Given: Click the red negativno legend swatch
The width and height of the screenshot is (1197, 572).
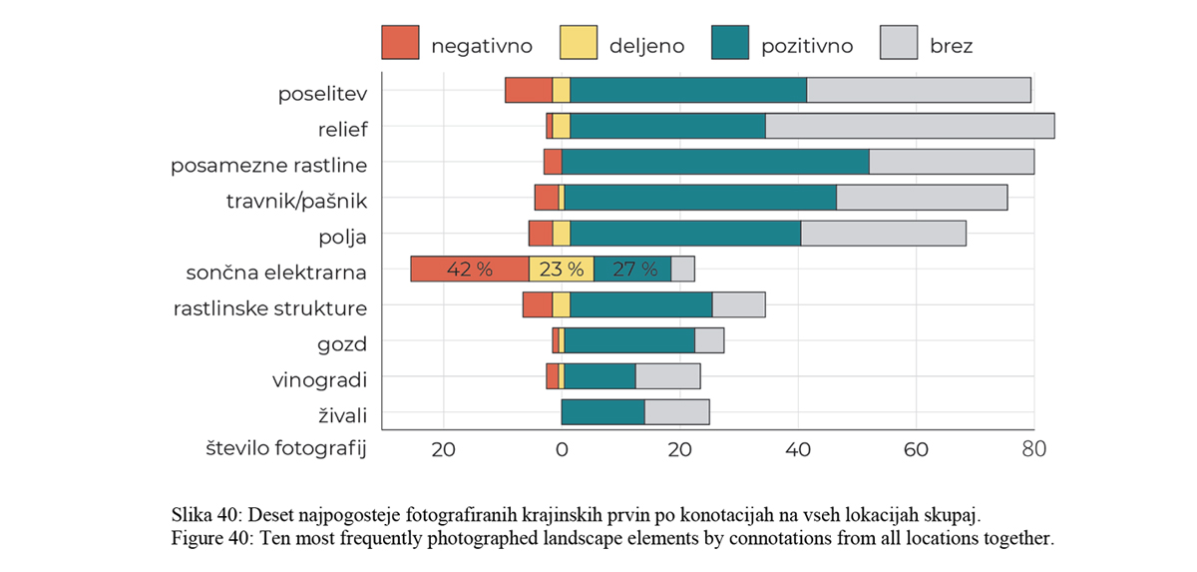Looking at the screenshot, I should tap(400, 44).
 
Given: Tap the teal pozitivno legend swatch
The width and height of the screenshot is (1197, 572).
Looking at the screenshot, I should tap(731, 44).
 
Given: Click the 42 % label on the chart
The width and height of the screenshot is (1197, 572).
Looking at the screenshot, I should tap(470, 270).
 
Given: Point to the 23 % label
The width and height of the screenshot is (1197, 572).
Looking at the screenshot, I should tap(562, 270).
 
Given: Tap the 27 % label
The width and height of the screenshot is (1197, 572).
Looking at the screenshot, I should tap(633, 270).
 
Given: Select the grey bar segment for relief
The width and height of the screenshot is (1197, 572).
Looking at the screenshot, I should tap(910, 126).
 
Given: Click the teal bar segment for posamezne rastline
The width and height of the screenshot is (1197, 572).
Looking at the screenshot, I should tap(715, 162).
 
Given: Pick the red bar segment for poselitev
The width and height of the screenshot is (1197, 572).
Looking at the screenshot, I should tap(529, 90).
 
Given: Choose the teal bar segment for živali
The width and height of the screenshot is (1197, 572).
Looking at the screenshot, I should tap(602, 412).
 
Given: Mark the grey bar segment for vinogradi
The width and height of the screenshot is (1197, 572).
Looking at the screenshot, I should tap(667, 376).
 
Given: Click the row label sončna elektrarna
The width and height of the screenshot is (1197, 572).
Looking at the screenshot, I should tap(276, 273).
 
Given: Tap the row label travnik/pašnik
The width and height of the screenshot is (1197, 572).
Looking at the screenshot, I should tap(296, 201).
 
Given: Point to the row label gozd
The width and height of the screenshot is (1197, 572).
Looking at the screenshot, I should tap(343, 344).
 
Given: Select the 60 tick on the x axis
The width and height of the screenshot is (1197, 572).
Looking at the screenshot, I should tap(916, 448).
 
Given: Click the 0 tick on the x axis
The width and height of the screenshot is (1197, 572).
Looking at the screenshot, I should tap(562, 448).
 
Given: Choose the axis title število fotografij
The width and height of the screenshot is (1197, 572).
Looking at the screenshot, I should tap(286, 448).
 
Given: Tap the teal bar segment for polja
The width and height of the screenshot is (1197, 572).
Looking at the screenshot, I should tap(684, 234).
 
